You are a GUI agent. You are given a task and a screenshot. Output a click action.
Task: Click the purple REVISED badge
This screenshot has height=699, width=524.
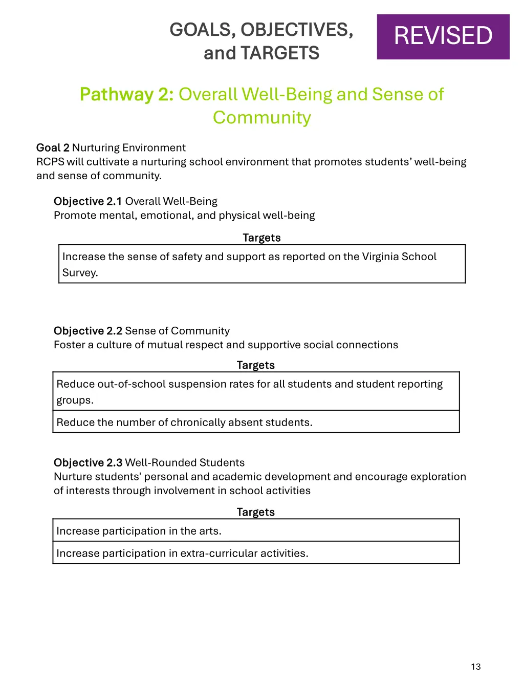443,37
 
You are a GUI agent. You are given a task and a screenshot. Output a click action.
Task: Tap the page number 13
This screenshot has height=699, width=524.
475,666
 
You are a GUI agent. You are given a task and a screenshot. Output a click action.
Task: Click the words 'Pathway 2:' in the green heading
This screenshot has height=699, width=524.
127,94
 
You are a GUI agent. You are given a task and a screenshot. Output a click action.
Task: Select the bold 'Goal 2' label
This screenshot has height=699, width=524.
53,147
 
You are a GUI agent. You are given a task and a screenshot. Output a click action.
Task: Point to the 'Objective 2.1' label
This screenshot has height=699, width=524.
88,201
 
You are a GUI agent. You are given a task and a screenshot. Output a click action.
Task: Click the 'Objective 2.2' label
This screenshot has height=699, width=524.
88,331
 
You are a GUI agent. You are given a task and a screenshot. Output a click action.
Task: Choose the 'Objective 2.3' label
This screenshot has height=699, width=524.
88,462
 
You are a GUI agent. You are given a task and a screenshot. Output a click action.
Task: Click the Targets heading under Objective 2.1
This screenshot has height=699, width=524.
261,238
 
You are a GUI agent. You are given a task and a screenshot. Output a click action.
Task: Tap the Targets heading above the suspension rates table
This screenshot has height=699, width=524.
255,365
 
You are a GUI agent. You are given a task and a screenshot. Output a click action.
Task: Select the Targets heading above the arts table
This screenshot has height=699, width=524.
255,512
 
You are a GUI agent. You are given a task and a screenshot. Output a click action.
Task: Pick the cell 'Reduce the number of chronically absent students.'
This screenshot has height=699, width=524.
256,422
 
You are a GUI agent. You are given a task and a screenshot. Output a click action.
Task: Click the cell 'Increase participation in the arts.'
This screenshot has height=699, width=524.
256,531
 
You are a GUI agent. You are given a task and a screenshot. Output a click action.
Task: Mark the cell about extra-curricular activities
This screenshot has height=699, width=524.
256,554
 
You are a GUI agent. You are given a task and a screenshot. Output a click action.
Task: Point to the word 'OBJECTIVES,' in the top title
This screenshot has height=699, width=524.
297,30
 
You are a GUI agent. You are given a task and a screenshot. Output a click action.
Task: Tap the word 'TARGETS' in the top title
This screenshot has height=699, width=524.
280,53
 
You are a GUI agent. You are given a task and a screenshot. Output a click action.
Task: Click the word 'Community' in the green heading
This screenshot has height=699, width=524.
262,118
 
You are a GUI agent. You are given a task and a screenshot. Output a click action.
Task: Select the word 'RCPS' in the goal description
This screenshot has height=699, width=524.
50,162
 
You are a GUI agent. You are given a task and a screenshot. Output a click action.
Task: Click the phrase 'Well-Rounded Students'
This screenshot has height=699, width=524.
185,462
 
